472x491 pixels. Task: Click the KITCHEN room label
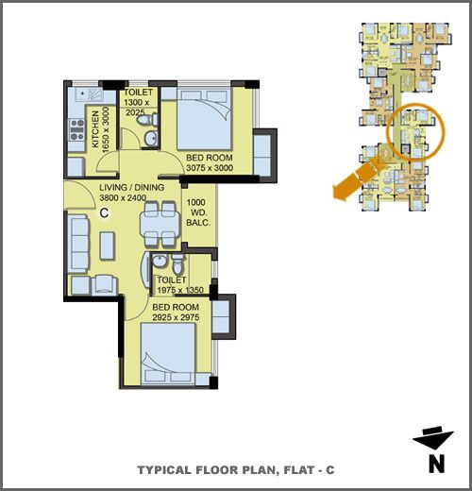pyautogui.click(x=95, y=129)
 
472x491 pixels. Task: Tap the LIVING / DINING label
pyautogui.click(x=132, y=187)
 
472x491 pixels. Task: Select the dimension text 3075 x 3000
pyautogui.click(x=210, y=168)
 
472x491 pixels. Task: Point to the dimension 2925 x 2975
pyautogui.click(x=176, y=317)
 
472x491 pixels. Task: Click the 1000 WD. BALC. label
pyautogui.click(x=198, y=212)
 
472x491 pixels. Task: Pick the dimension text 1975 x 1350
pyautogui.click(x=180, y=290)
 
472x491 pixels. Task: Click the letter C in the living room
pyautogui.click(x=104, y=213)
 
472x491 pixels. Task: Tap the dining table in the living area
pyautogui.click(x=160, y=225)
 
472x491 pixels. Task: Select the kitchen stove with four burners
pyautogui.click(x=77, y=130)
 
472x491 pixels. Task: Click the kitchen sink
pyautogui.click(x=91, y=94)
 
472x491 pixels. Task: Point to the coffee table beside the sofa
pyautogui.click(x=108, y=245)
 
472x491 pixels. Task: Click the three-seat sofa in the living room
pyautogui.click(x=79, y=244)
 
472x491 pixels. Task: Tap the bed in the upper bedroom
pyautogui.click(x=204, y=119)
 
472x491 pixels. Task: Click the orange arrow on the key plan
pyautogui.click(x=359, y=178)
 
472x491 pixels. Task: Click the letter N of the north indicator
pyautogui.click(x=437, y=464)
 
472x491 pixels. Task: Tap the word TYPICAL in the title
pyautogui.click(x=164, y=470)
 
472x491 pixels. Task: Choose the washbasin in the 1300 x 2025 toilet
pyautogui.click(x=151, y=138)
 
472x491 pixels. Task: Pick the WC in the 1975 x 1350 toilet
pyautogui.click(x=177, y=264)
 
